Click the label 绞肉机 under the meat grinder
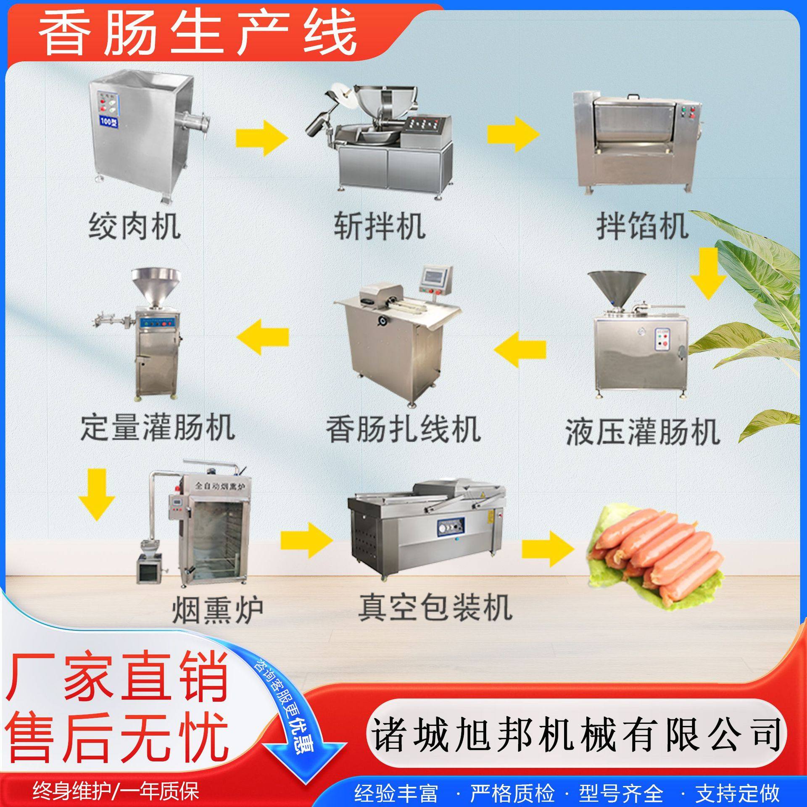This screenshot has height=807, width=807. point(134,226)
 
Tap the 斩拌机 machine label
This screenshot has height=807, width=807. point(380,226)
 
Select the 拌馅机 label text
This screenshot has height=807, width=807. point(642,226)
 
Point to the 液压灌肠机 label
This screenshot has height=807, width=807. point(643,432)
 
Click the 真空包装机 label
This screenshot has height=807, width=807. point(435,607)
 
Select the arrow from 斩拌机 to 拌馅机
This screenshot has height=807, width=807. point(513,134)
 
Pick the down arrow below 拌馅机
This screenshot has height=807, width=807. point(708,273)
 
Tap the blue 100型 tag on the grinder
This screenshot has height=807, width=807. point(109,121)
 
